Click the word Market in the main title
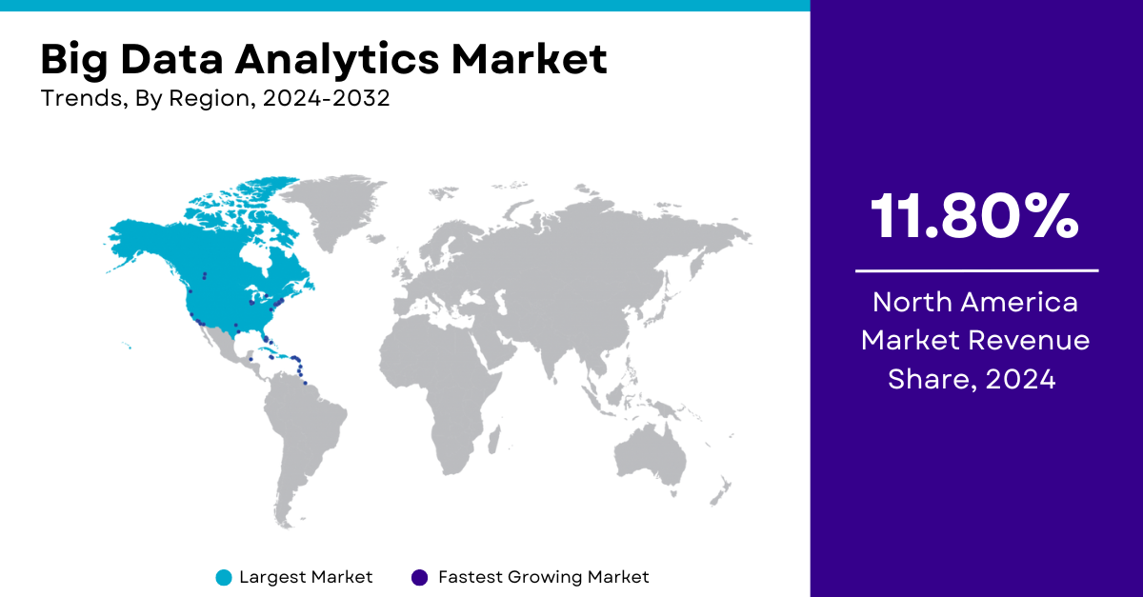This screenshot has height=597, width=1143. [x=530, y=59]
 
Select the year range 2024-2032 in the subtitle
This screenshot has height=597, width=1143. [x=326, y=98]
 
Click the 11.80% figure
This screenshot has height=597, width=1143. [x=974, y=216]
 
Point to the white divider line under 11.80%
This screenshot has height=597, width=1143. [x=976, y=271]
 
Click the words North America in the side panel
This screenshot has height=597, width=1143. [x=975, y=302]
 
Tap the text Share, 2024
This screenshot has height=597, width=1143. [x=972, y=379]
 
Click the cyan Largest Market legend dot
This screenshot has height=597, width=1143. [x=224, y=578]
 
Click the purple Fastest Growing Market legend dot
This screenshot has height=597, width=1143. [x=419, y=578]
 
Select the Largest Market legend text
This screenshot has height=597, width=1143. [x=306, y=577]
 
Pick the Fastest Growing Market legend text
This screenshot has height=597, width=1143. [x=544, y=577]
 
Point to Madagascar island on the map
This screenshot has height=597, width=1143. [x=494, y=440]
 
